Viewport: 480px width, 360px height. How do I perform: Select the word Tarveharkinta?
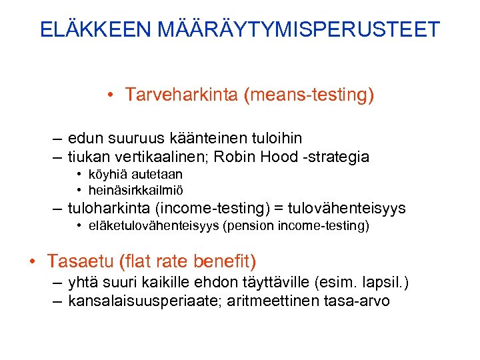point(181,96)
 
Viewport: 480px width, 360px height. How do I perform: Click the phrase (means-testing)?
point(309,96)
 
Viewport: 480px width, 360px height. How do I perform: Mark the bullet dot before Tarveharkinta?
point(109,96)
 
